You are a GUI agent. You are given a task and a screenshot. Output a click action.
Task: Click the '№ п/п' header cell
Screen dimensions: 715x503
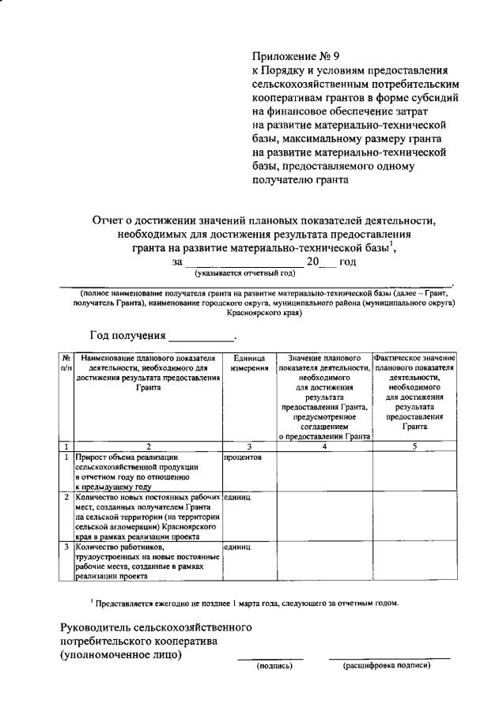click(66, 363)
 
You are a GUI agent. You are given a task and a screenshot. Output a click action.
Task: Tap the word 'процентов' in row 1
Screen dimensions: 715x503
click(243, 457)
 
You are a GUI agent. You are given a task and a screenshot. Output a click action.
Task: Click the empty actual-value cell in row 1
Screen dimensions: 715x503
click(415, 471)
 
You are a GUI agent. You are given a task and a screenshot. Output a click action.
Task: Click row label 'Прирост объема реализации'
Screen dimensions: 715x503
click(127, 457)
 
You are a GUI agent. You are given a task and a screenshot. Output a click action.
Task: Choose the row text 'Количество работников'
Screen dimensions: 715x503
click(119, 547)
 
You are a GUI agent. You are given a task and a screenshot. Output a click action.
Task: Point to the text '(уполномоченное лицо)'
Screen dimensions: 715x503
click(121, 654)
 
